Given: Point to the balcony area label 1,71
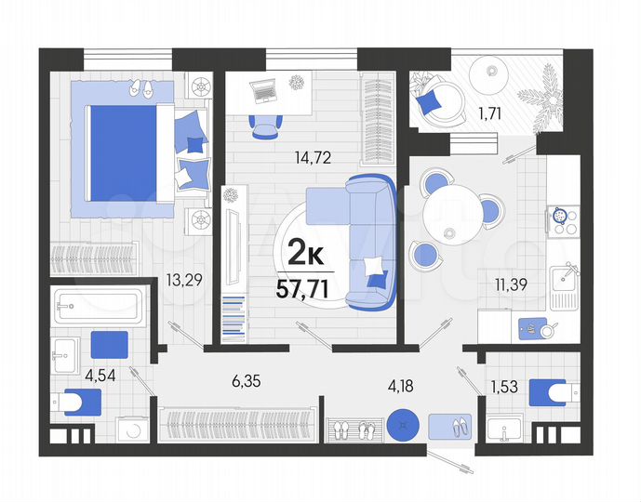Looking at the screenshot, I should point(491,115).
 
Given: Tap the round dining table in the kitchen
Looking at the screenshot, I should point(451,218).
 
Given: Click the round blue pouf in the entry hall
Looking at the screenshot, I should point(401,425).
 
